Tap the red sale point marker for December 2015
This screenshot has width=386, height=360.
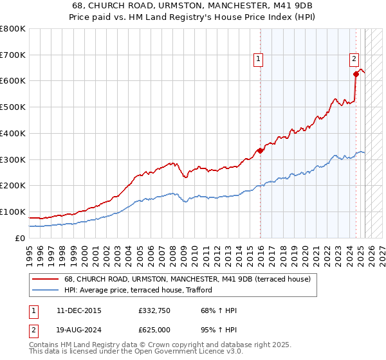(261, 151)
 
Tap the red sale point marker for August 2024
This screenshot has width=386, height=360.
(356, 74)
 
